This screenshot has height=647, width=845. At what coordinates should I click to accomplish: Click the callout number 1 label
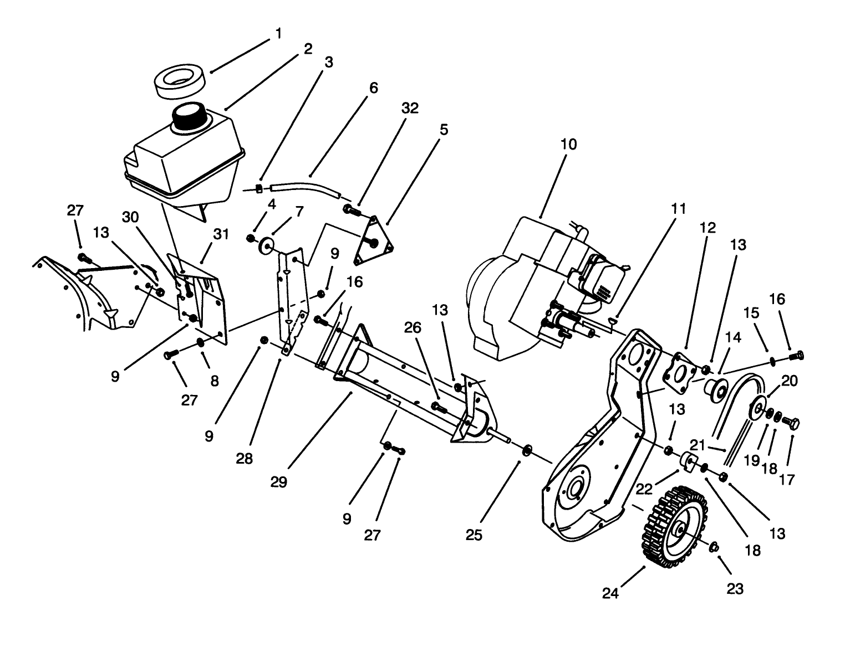click(278, 34)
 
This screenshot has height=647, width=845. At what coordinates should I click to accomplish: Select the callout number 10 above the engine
click(568, 145)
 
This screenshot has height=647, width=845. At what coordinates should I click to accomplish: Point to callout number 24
click(610, 593)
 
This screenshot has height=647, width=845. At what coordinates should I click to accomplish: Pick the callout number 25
click(474, 535)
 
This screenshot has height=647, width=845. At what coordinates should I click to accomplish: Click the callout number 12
click(707, 228)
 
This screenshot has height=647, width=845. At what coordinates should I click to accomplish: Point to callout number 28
click(245, 459)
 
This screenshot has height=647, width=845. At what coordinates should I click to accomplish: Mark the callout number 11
click(678, 209)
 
